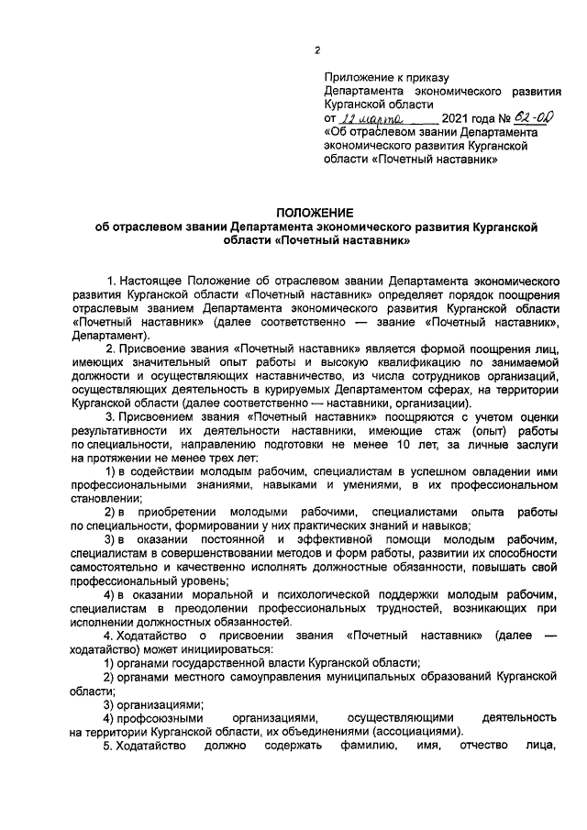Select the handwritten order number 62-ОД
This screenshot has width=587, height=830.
[533, 117]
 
